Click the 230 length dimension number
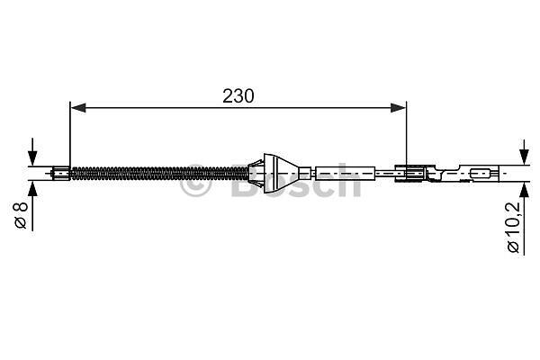pyautogui.click(x=238, y=96)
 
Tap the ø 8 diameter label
pyautogui.click(x=21, y=215)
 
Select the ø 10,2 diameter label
pyautogui.click(x=513, y=228)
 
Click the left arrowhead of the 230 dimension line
pyautogui.click(x=78, y=108)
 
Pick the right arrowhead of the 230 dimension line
pyautogui.click(x=399, y=108)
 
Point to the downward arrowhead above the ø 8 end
pyautogui.click(x=32, y=158)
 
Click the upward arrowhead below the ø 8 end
pyautogui.click(x=32, y=188)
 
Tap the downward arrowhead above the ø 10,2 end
pyautogui.click(x=524, y=157)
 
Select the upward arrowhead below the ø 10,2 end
pyautogui.click(x=524, y=190)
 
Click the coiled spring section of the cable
pyautogui.click(x=159, y=174)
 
